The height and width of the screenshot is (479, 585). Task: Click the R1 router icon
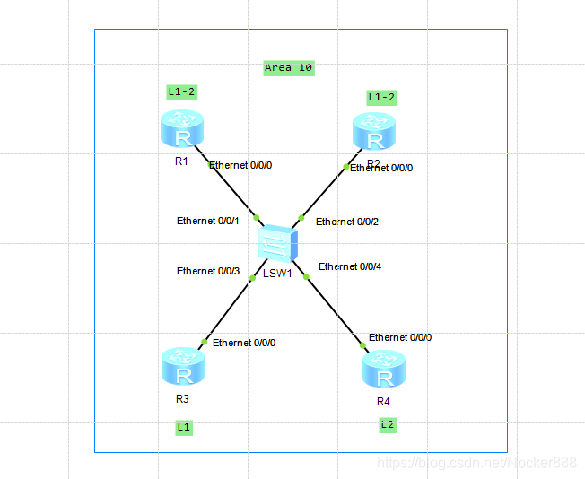coord(183,129)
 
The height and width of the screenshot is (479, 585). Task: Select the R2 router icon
coord(373,132)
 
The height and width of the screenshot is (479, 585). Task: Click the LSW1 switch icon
coord(278,244)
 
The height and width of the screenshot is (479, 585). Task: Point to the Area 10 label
coord(289,67)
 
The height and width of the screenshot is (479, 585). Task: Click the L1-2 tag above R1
coord(181,91)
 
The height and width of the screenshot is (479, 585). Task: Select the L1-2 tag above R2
coord(381,97)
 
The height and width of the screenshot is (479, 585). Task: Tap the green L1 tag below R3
coord(183,427)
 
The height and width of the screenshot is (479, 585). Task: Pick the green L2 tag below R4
coord(387,423)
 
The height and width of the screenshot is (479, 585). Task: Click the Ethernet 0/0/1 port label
coord(208,221)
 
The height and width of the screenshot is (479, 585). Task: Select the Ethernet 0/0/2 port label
coord(347,222)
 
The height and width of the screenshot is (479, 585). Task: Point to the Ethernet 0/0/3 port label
coord(208,271)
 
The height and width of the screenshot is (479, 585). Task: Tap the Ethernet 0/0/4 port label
coord(350,266)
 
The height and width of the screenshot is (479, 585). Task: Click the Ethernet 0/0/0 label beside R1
coord(240,165)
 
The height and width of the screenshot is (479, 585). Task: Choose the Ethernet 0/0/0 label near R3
coord(244,343)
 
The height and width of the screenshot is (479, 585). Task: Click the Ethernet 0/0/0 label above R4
coord(400,337)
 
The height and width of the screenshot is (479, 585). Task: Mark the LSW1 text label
coord(278,273)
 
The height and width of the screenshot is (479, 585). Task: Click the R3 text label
coord(182,398)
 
